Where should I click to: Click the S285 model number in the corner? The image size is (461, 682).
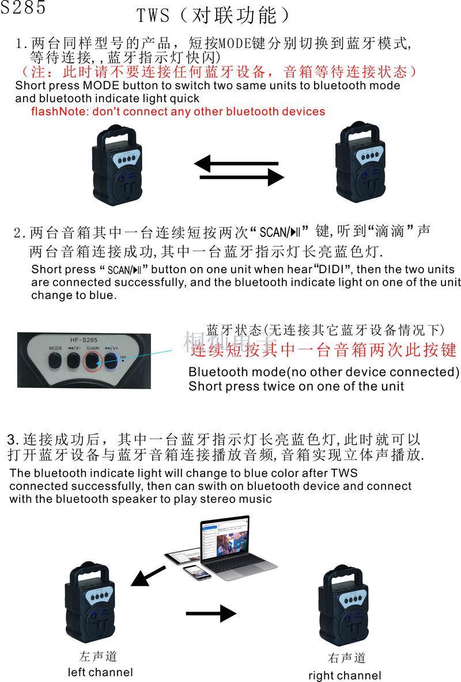pos(22,7)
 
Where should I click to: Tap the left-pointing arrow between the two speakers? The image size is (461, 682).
pos(236,164)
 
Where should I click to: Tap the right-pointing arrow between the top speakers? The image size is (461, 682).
pos(242,177)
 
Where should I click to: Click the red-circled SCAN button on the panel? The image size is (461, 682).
pos(93,360)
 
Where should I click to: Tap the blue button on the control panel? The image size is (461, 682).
pos(111,360)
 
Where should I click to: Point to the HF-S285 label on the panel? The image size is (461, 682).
pos(84,340)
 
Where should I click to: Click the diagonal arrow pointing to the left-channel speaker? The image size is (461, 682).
pos(148,575)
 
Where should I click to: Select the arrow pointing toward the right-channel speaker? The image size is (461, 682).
pos(211,613)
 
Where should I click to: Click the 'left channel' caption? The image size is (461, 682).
pos(100,672)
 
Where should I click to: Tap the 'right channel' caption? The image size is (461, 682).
pos(345,676)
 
